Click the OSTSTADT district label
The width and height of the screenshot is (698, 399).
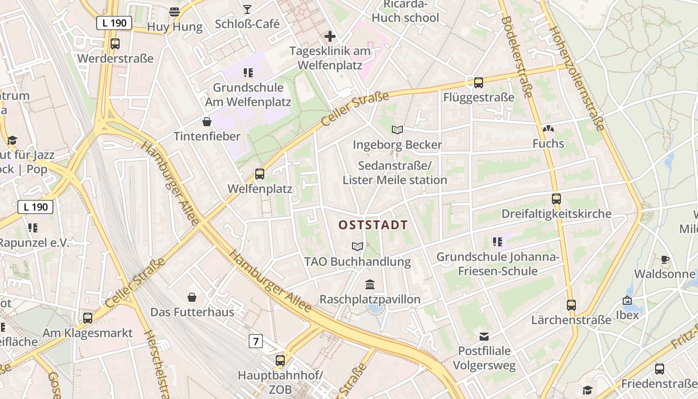point(373,225)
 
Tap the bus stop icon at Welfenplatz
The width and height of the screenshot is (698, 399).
point(260,174)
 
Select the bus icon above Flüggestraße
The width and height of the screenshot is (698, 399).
point(479,82)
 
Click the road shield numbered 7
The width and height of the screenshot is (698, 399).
point(256,341)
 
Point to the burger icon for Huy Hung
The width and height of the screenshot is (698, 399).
point(174,11)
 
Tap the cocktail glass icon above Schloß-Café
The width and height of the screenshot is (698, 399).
point(247,8)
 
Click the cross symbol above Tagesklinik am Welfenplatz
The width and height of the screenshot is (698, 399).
point(330,36)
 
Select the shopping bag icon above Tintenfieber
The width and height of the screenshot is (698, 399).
point(207,122)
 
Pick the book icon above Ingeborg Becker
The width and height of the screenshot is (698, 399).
point(397,130)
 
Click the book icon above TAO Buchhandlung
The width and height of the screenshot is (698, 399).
point(357,246)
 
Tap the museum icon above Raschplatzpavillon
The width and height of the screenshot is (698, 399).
point(370,285)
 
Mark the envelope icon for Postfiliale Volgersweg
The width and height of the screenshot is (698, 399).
point(484,336)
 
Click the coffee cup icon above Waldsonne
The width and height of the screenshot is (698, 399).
point(665,259)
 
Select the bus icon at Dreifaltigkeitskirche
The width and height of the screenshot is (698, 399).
point(556,199)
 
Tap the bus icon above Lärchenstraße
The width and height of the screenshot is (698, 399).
point(571,305)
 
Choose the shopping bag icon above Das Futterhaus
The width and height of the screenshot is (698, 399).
point(192,298)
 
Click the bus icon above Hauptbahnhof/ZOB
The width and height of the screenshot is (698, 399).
point(280,360)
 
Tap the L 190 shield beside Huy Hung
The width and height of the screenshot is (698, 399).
point(114,23)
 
